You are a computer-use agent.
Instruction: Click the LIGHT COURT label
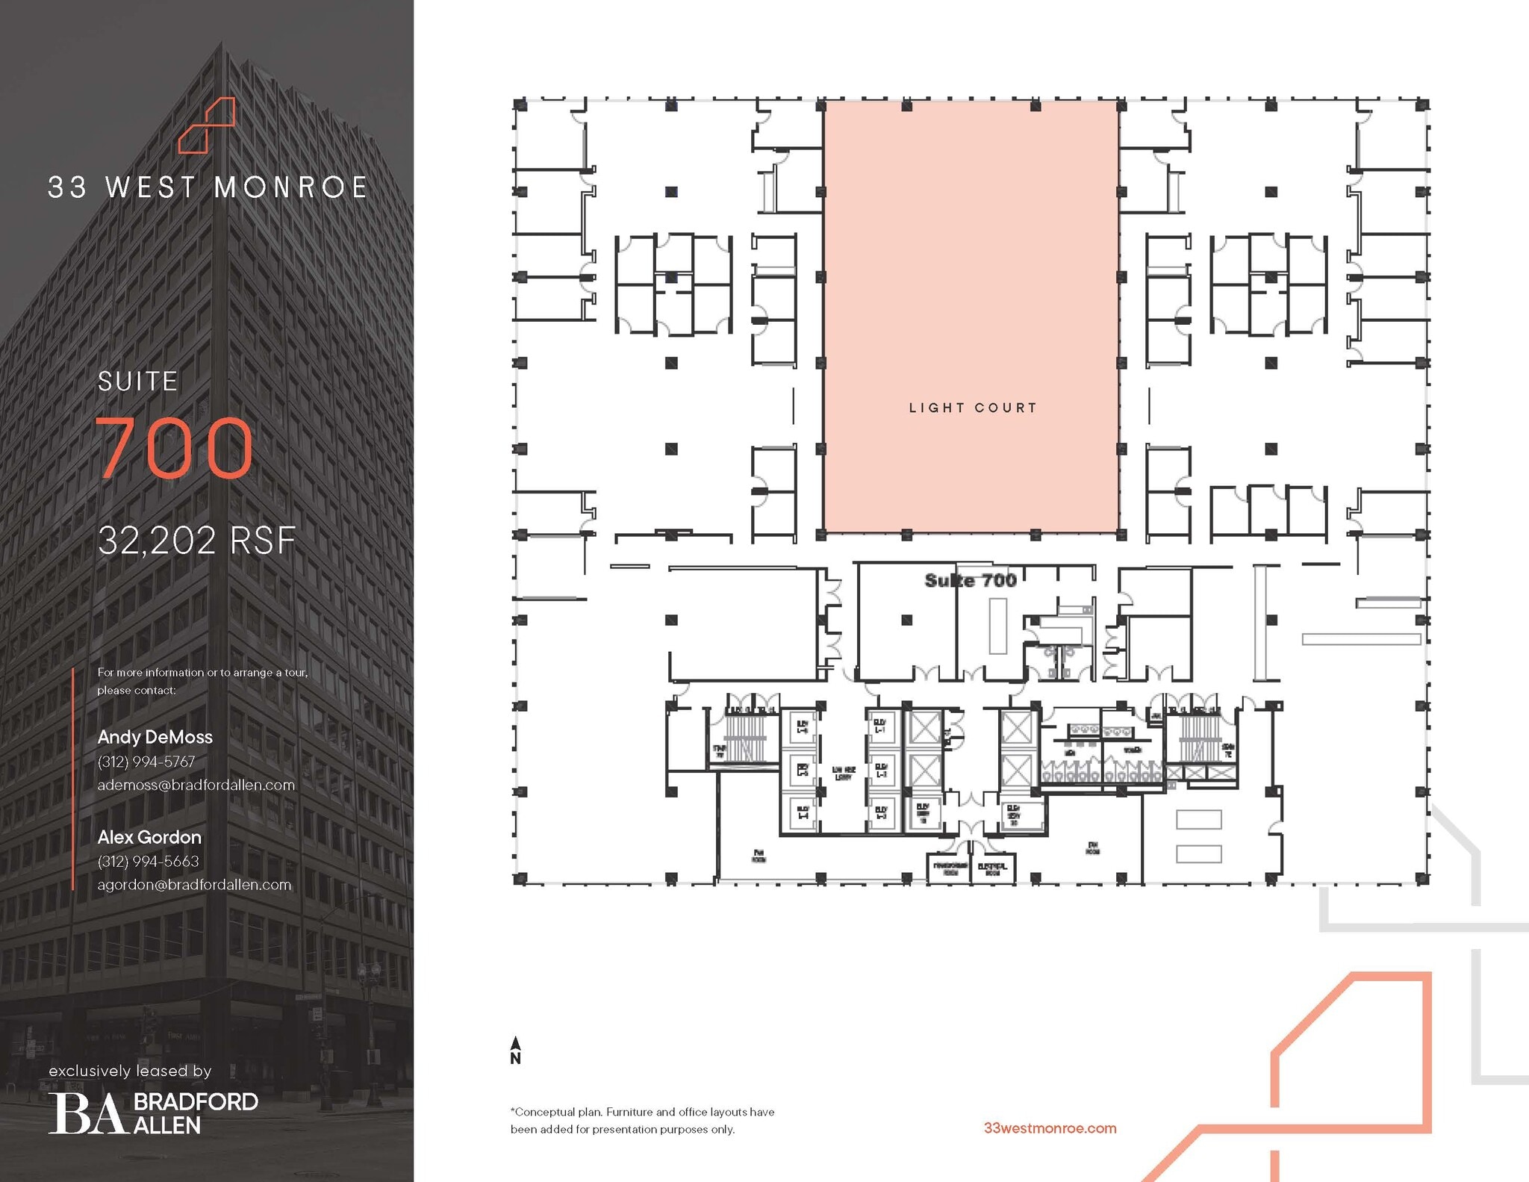[973, 408]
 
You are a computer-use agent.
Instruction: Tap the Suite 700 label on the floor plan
[970, 580]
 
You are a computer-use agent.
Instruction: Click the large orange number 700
[175, 447]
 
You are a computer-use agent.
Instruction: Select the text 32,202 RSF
[197, 540]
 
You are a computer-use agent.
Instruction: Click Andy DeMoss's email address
[196, 785]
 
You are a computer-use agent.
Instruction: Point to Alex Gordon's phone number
[148, 861]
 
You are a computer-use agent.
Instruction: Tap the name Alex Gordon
[149, 837]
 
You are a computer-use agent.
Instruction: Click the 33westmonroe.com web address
[1050, 1128]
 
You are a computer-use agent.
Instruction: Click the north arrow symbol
[515, 1049]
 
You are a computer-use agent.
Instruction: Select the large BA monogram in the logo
[87, 1114]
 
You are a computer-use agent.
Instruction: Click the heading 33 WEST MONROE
[208, 187]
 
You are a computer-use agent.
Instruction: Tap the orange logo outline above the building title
[207, 125]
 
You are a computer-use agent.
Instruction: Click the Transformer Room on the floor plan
[950, 868]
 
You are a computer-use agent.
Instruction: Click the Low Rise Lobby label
[844, 773]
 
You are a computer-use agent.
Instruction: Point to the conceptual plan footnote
[642, 1120]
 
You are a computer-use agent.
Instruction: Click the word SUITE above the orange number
[138, 382]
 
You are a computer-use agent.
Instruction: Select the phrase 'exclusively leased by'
[130, 1071]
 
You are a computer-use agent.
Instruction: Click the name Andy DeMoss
[155, 737]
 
